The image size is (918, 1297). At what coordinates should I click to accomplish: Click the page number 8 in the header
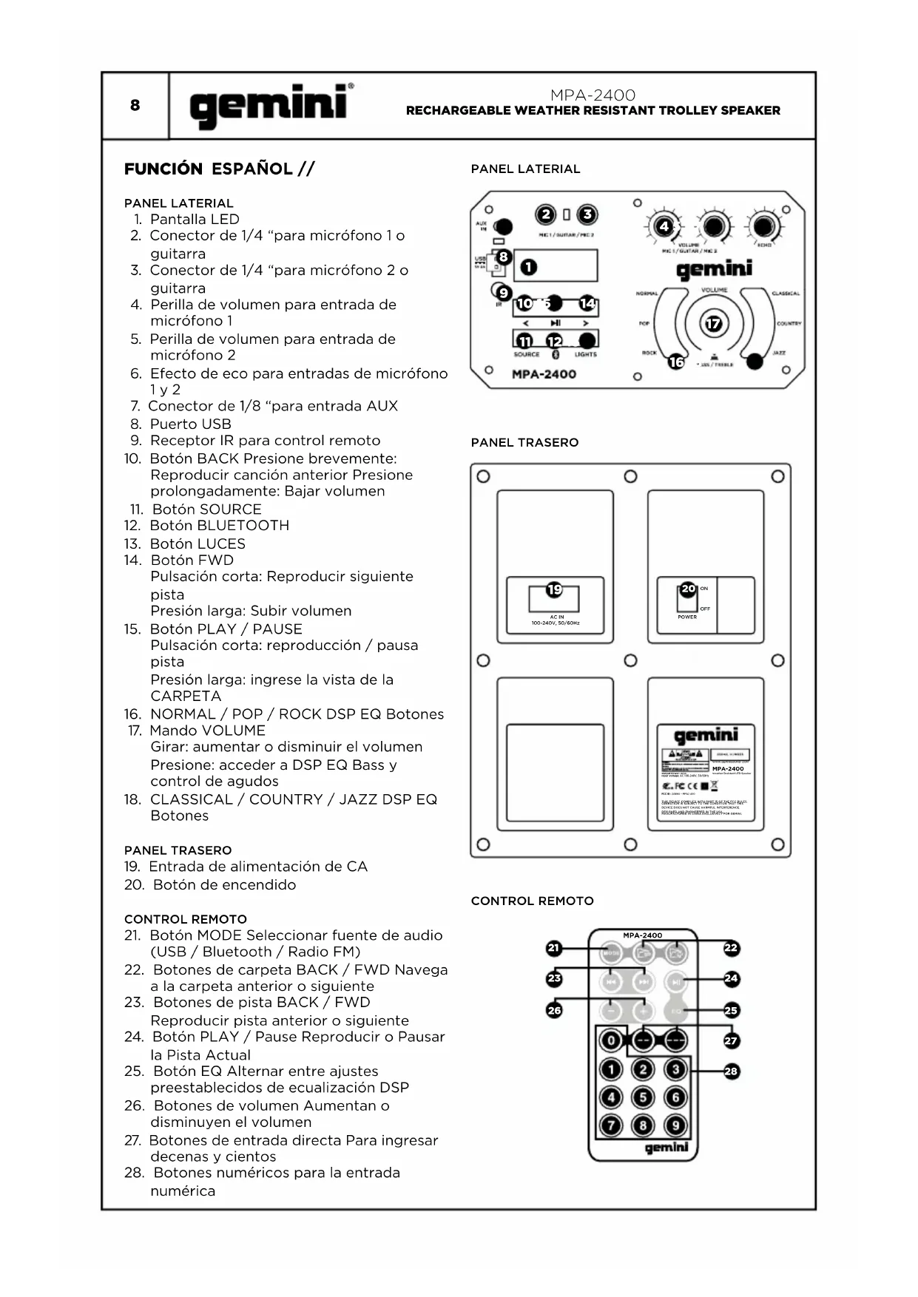(x=135, y=105)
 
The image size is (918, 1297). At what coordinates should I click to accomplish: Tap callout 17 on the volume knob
(x=713, y=324)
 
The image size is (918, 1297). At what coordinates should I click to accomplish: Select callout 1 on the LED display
(x=528, y=267)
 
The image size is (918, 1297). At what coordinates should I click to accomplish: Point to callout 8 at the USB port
(x=503, y=257)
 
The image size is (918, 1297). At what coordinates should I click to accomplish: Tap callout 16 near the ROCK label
(x=676, y=362)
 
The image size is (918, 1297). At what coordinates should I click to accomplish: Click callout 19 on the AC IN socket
(x=554, y=589)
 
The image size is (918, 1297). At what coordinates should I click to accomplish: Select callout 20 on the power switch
(x=688, y=589)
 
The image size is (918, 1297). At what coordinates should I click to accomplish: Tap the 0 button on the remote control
(x=611, y=1040)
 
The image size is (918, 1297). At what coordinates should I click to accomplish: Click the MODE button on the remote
(x=611, y=953)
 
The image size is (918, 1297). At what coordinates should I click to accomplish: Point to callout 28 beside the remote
(x=731, y=1071)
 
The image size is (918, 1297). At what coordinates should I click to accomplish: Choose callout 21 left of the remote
(x=554, y=948)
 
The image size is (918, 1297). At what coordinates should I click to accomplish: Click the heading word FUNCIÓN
(x=163, y=169)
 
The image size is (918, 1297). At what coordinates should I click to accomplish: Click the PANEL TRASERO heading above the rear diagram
(x=524, y=443)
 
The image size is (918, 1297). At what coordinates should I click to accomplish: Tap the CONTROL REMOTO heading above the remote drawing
(x=532, y=901)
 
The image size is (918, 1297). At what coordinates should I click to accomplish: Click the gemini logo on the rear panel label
(x=706, y=735)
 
